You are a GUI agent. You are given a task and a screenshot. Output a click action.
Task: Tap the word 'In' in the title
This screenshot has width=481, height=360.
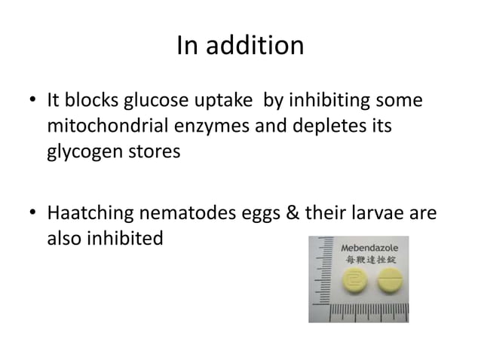point(186,47)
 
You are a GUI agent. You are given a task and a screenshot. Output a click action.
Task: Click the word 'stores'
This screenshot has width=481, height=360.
point(155,151)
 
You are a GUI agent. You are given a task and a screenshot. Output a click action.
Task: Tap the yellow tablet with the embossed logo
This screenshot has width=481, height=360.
point(353,283)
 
